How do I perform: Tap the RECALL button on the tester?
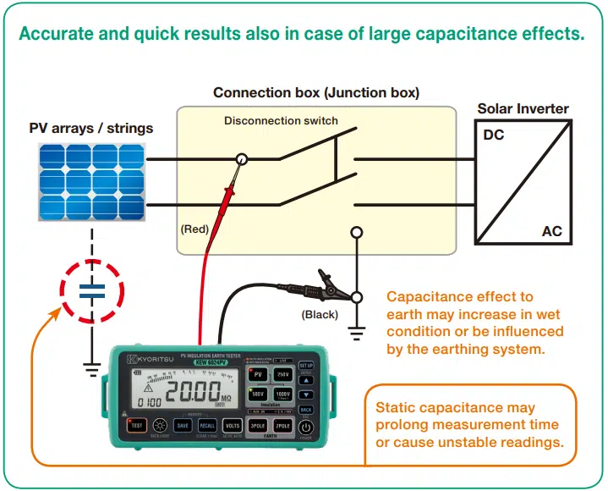[207, 425]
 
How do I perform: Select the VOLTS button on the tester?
[231, 425]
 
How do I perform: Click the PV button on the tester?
[259, 374]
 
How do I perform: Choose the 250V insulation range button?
[282, 374]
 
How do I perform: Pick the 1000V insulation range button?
[282, 396]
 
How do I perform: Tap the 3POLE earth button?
[259, 425]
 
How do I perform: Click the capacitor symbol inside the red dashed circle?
[90, 292]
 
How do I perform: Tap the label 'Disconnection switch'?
[281, 121]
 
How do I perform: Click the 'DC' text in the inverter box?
[494, 135]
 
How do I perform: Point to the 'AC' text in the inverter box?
[550, 231]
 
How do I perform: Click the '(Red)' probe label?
[194, 229]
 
